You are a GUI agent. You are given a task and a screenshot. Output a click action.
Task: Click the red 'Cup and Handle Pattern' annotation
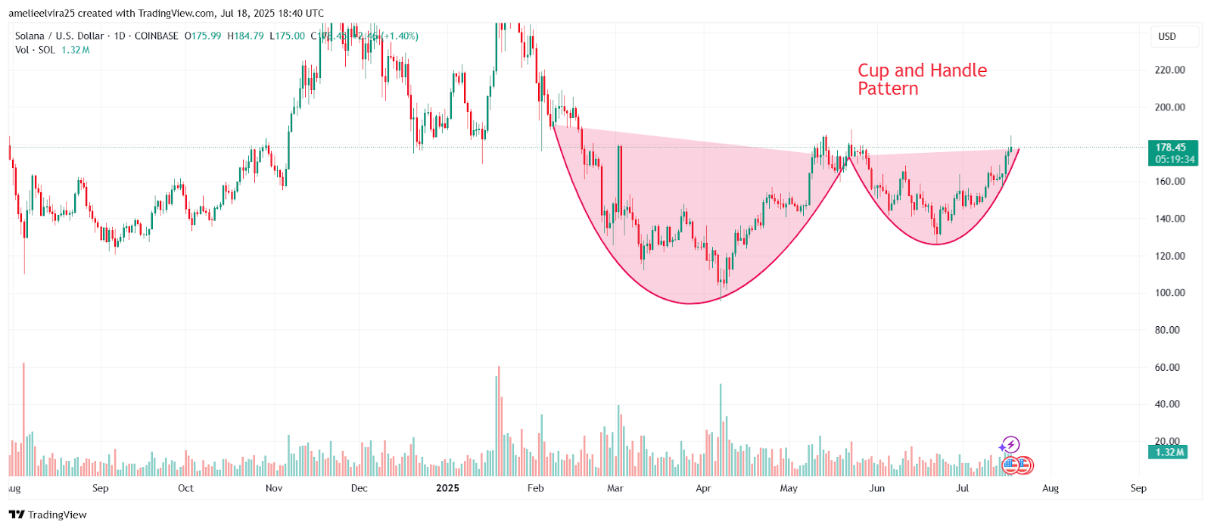921,79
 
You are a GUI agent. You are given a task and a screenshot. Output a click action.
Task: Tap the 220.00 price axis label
1169,70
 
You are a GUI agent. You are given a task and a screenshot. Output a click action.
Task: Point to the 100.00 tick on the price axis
1169,293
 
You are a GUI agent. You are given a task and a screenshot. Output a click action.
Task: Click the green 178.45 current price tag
1170,148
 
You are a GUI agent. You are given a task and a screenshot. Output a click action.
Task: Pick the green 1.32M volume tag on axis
1169,452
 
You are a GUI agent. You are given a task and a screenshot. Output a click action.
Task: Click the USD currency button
1167,36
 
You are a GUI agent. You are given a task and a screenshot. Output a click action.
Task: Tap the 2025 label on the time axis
447,488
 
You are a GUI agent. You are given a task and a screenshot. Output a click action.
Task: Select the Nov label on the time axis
274,488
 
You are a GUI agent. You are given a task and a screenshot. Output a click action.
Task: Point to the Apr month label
703,488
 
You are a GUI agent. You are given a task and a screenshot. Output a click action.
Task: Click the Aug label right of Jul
1050,488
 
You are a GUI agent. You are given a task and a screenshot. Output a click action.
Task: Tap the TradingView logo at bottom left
48,515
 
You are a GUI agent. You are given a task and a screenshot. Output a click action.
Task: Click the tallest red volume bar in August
23,420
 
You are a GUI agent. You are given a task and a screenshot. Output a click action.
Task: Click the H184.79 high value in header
245,36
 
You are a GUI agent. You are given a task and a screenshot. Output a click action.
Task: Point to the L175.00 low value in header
287,36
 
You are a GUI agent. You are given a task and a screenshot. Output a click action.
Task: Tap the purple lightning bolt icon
1010,445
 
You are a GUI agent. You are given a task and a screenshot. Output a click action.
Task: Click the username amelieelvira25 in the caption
42,13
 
